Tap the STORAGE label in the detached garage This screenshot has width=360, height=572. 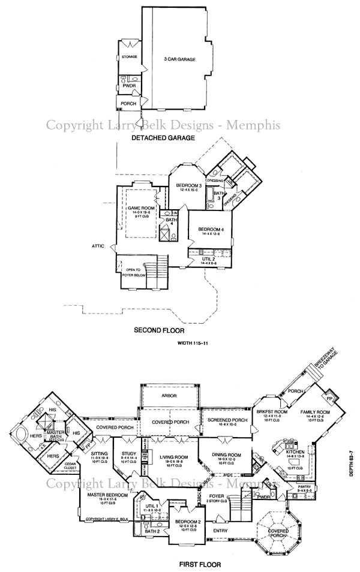point(130,57)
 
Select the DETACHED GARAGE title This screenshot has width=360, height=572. point(163,137)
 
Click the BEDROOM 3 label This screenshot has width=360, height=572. point(189,186)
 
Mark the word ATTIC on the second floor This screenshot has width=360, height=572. point(98,245)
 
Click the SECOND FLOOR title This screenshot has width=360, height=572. point(158,330)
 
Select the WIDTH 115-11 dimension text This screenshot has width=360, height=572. point(194,344)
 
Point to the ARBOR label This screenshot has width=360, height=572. point(170,396)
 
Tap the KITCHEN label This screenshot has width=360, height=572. point(295,451)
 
